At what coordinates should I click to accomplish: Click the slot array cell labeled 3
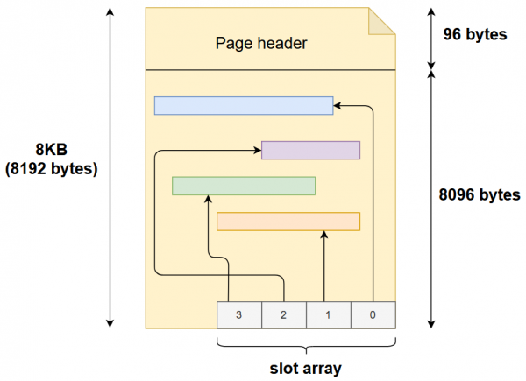[x=239, y=314]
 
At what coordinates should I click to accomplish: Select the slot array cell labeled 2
[x=284, y=314]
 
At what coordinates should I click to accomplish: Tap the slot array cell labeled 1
[x=329, y=314]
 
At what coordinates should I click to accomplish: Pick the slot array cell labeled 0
[x=373, y=314]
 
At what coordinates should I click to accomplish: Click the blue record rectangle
[x=243, y=105]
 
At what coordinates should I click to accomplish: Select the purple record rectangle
[x=311, y=150]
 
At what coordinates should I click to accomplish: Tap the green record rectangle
[x=244, y=186]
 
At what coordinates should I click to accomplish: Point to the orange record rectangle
[x=288, y=222]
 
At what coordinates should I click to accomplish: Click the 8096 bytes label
[x=479, y=194]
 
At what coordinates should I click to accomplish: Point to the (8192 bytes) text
[x=51, y=167]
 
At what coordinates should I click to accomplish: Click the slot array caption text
[x=306, y=364]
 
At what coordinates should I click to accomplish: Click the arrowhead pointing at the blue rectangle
[x=338, y=105]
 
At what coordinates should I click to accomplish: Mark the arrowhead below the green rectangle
[x=208, y=200]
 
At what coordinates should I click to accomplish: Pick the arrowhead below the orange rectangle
[x=324, y=236]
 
